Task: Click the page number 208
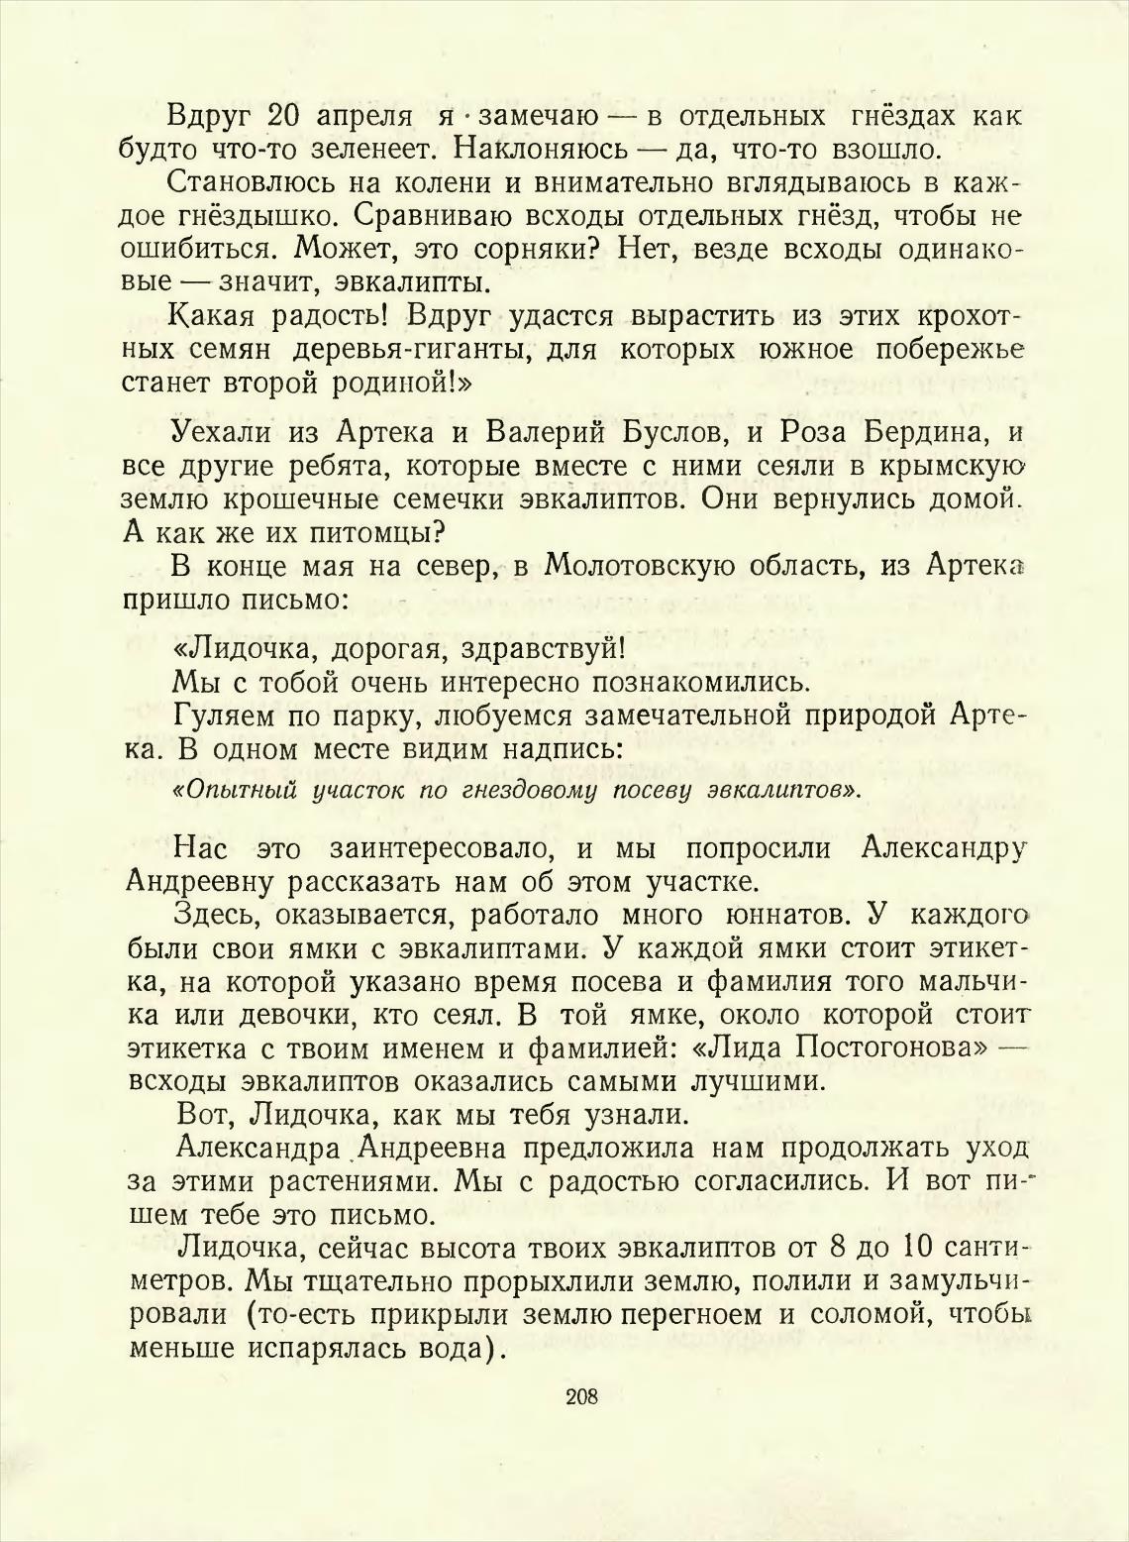point(582,1397)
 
